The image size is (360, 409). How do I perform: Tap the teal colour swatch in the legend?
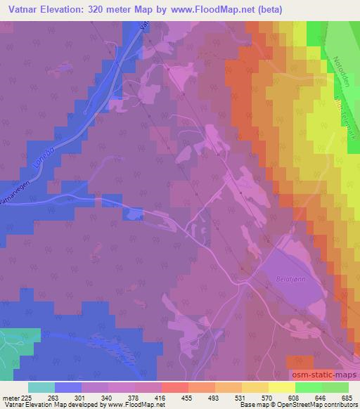tap(41, 387)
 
